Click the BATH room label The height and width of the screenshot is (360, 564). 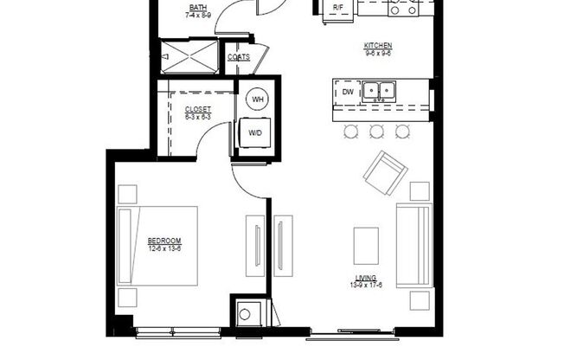pyautogui.click(x=198, y=8)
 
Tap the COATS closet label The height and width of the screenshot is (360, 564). pyautogui.click(x=239, y=57)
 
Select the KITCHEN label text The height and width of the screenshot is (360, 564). pyautogui.click(x=378, y=44)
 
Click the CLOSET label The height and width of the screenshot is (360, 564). pyautogui.click(x=198, y=109)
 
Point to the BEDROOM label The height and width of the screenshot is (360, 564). pyautogui.click(x=163, y=241)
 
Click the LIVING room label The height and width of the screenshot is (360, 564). pyautogui.click(x=366, y=278)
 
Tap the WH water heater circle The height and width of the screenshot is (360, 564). pyautogui.click(x=258, y=100)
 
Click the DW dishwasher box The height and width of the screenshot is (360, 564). pyautogui.click(x=347, y=91)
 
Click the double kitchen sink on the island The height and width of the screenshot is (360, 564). pyautogui.click(x=377, y=90)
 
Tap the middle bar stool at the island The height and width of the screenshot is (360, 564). pyautogui.click(x=376, y=132)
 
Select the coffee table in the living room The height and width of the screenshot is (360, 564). pyautogui.click(x=366, y=240)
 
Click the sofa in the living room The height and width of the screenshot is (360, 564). pyautogui.click(x=413, y=246)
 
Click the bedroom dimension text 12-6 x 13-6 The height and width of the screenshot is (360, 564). pyautogui.click(x=163, y=248)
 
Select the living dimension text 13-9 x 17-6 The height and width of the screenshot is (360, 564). pyautogui.click(x=366, y=285)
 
